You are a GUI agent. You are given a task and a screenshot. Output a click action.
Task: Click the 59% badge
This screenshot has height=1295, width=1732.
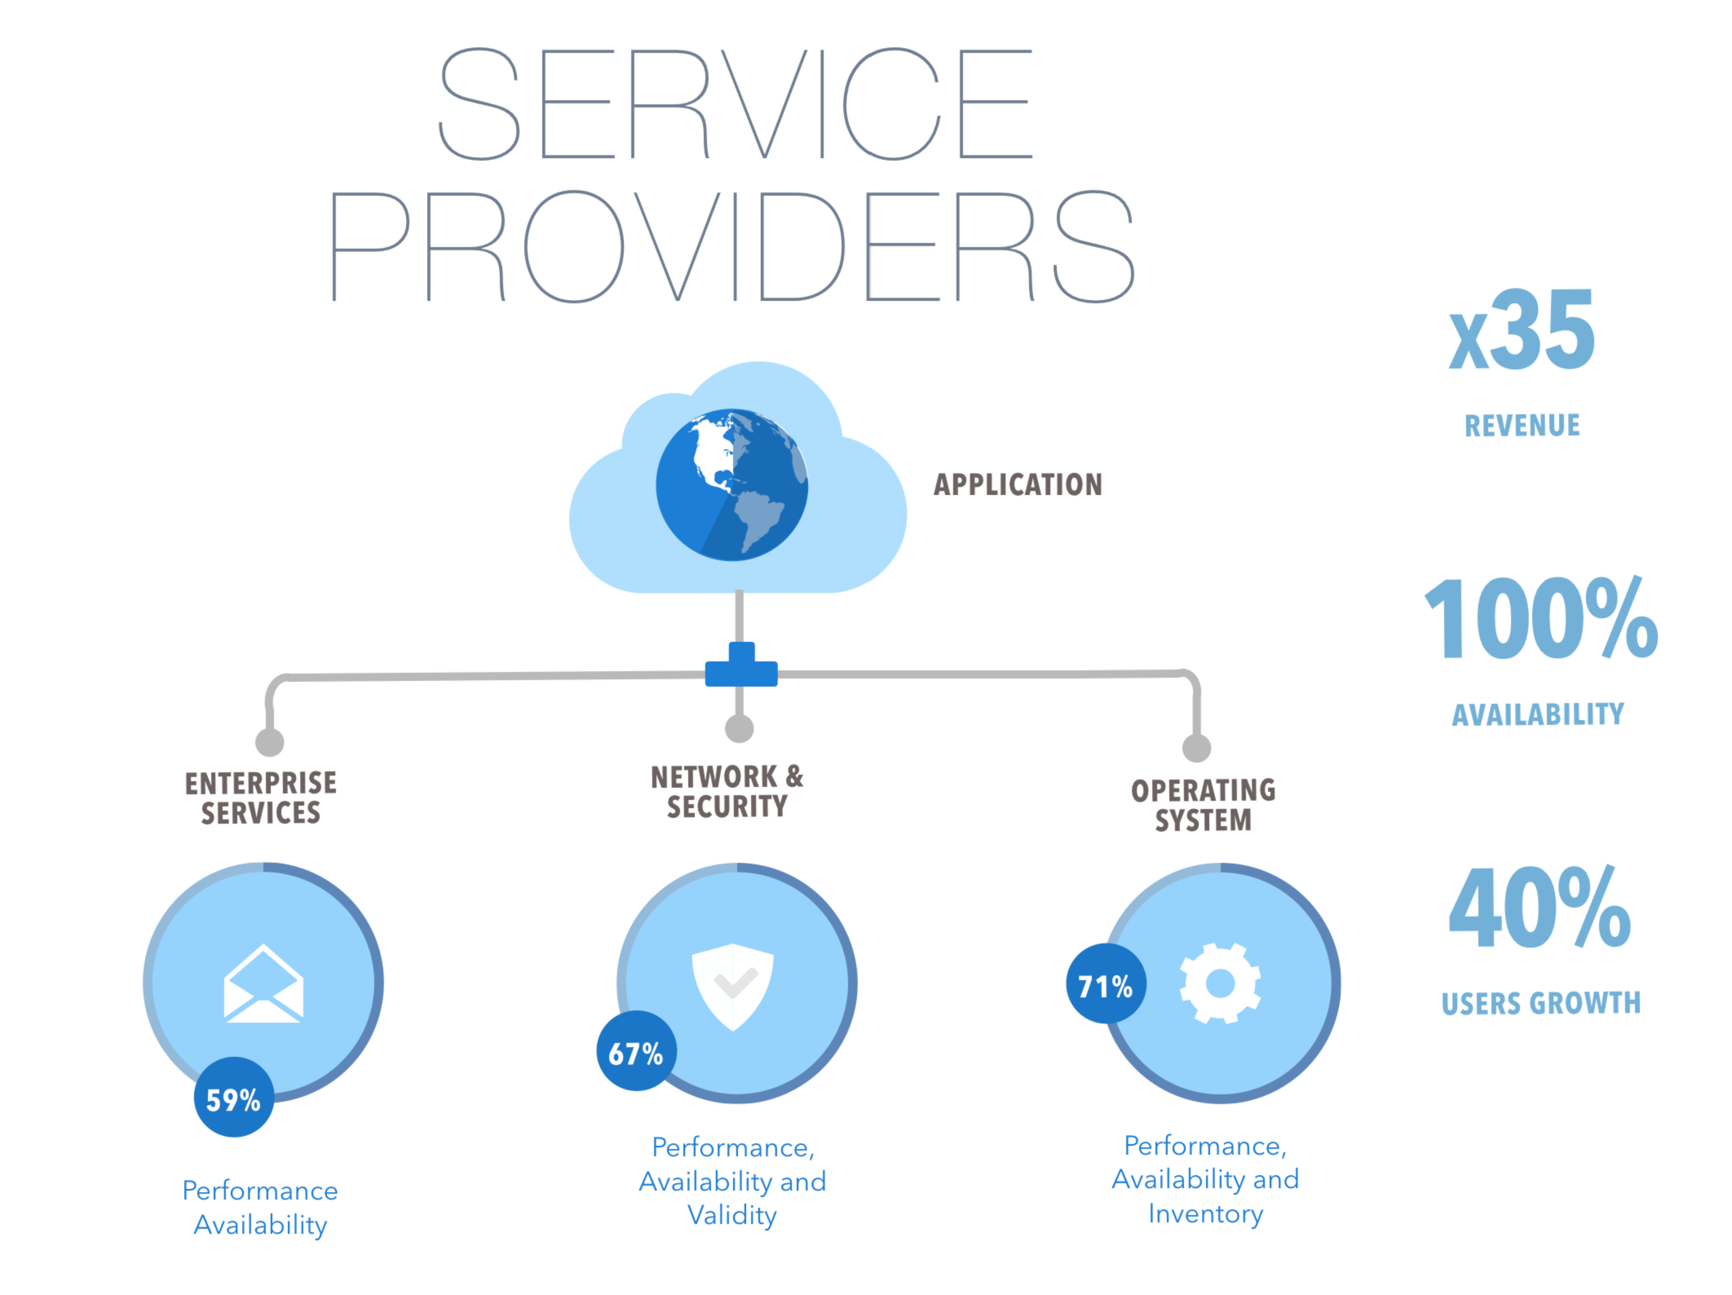click(233, 1097)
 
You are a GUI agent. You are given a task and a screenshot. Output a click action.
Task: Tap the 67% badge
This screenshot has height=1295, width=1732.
click(636, 1051)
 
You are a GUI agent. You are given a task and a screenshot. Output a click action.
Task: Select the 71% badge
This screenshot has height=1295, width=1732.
click(1106, 983)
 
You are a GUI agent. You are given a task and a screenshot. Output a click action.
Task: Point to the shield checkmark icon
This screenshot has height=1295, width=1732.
click(733, 986)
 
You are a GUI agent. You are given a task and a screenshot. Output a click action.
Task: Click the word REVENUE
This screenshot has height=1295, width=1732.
click(1522, 425)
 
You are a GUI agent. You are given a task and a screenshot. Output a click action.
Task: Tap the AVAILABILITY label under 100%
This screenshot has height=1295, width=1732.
click(1538, 714)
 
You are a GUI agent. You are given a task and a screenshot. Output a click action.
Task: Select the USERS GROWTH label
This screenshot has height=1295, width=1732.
click(1541, 1003)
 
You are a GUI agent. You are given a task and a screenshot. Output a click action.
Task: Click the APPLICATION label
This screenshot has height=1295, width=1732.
click(1018, 485)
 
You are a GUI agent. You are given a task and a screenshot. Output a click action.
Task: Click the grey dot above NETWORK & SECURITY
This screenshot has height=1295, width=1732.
click(739, 728)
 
